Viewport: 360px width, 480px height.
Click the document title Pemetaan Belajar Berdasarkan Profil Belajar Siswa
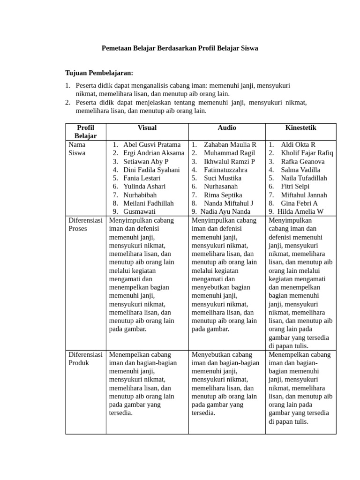180,48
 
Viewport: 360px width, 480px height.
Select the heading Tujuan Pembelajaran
99,73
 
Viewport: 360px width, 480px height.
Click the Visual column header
147,127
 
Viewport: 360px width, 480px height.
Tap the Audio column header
227,127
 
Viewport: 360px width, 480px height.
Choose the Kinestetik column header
300,127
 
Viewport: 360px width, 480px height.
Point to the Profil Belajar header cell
85,132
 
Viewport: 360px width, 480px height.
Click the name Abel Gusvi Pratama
152,145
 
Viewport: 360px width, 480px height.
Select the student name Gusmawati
139,211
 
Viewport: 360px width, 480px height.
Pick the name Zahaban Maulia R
230,145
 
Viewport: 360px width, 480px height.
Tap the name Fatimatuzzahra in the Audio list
225,170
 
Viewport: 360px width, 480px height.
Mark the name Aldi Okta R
298,145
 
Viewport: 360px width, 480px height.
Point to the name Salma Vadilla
300,170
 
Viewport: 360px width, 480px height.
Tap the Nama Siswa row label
77,149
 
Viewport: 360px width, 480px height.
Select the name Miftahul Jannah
304,195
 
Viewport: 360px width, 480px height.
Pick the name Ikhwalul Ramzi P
229,162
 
